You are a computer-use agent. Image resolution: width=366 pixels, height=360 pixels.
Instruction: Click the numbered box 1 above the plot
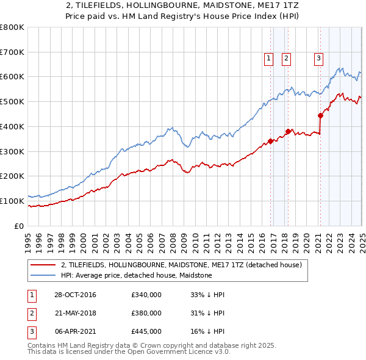click(x=268, y=59)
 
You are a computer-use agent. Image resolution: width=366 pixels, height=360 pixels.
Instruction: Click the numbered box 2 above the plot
click(x=286, y=59)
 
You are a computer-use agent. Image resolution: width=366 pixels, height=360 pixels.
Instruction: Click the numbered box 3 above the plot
click(x=318, y=59)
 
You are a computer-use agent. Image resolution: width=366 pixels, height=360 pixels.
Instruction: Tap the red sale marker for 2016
click(x=270, y=142)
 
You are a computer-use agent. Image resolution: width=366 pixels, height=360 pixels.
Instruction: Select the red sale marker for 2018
click(x=288, y=131)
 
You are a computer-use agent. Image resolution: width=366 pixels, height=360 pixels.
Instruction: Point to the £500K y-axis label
click(x=12, y=102)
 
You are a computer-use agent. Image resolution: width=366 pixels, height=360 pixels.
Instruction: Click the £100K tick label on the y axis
click(x=12, y=201)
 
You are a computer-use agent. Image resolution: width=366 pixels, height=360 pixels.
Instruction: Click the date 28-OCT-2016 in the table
click(x=75, y=295)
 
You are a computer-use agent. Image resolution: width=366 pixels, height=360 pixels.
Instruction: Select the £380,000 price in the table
click(x=146, y=313)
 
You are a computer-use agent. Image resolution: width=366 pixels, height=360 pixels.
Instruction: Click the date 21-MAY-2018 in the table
click(x=75, y=313)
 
